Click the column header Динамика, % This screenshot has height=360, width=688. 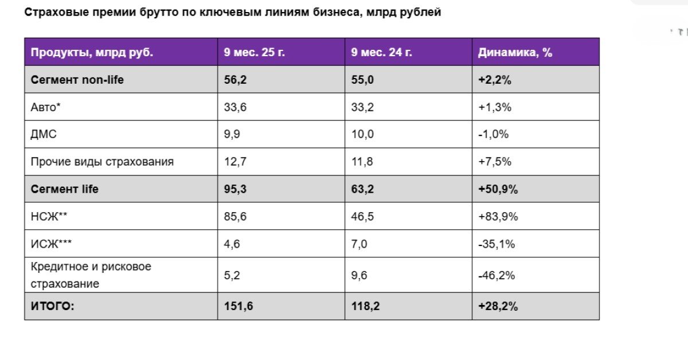515,52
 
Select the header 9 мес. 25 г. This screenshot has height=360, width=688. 255,52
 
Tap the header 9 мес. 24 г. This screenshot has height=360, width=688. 382,52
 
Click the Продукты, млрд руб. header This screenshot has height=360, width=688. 92,52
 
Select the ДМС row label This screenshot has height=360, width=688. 44,135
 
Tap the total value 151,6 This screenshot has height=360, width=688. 239,306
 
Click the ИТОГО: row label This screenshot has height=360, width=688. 52,306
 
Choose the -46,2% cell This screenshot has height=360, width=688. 497,275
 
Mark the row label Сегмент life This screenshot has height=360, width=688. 64,189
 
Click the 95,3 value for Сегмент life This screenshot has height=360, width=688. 235,189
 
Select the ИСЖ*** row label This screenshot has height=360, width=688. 51,244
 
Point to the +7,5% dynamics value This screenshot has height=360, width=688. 494,162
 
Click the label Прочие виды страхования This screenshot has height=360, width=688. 102,162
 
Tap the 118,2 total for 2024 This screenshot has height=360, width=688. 366,306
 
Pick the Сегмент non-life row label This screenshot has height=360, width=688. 77,80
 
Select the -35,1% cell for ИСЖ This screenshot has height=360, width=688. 497,244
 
